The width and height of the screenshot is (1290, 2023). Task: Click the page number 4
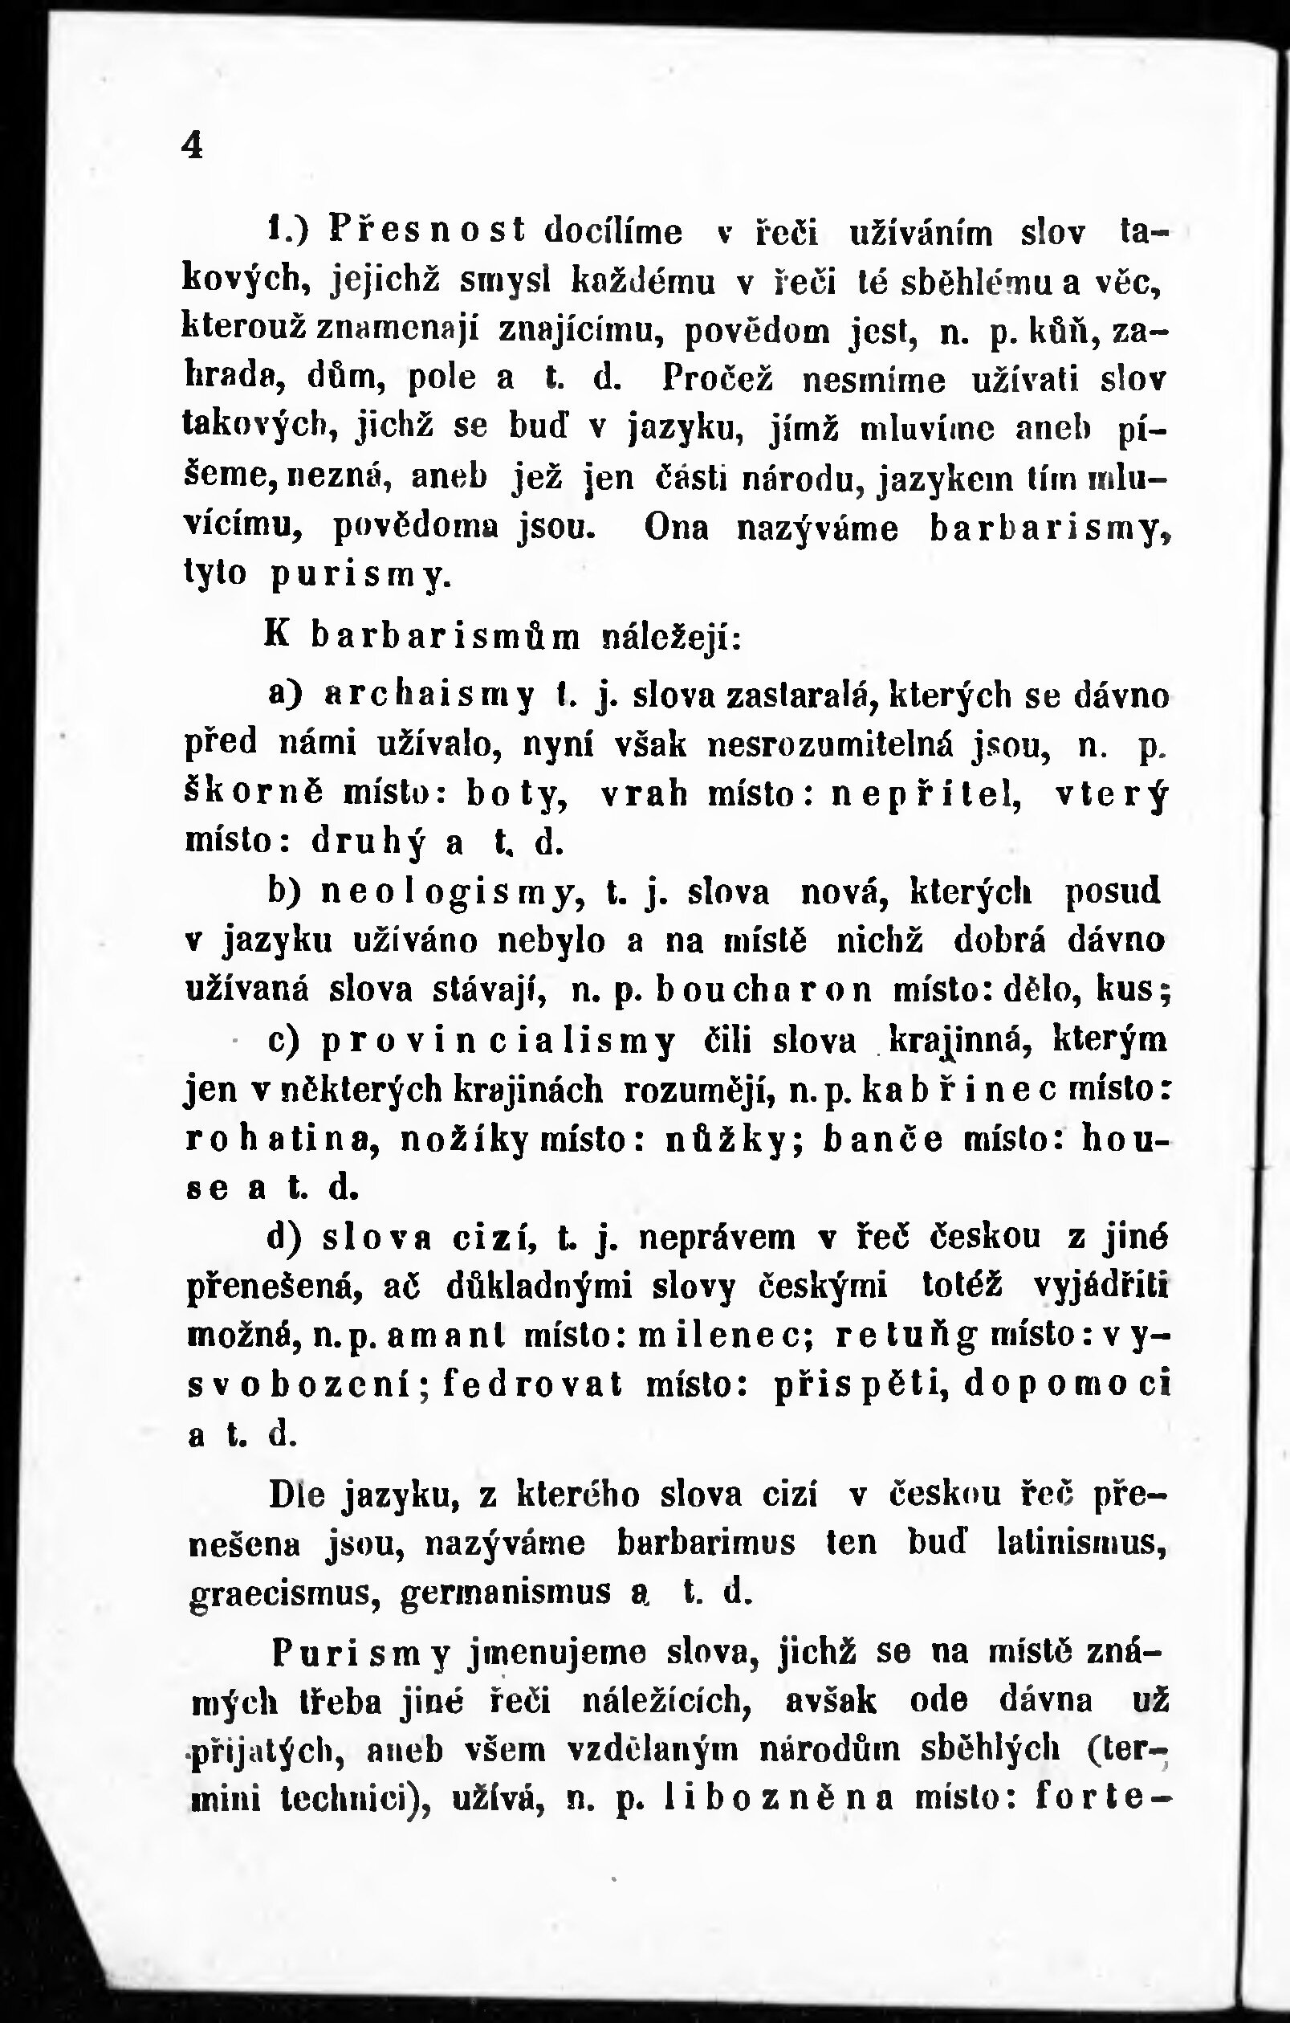pos(193,147)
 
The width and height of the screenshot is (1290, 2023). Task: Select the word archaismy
pos(429,696)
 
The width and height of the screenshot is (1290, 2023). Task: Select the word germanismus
pos(506,1593)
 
